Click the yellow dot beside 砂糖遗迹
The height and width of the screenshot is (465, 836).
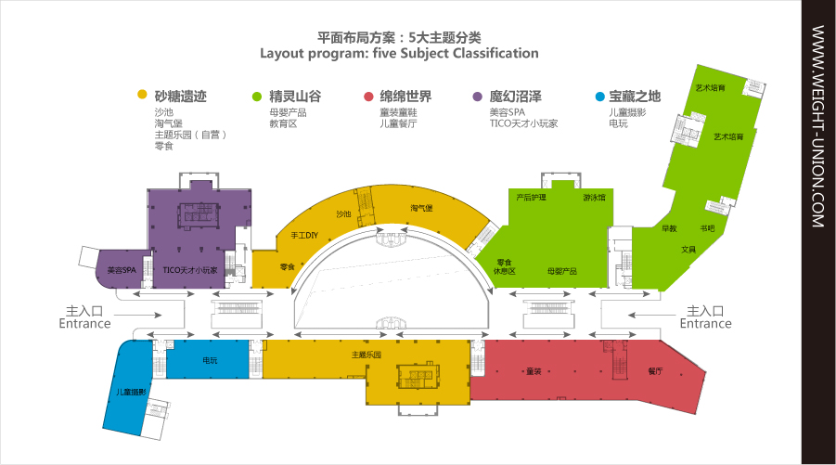click(142, 95)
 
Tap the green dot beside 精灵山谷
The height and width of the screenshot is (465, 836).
click(257, 95)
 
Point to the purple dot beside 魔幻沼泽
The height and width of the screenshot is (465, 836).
click(478, 95)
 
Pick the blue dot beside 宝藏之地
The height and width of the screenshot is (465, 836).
click(598, 95)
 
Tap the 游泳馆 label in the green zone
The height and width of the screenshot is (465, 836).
click(594, 198)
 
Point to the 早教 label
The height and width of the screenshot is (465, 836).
click(669, 228)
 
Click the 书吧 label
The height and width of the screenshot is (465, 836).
click(707, 228)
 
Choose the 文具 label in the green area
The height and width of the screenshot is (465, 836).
click(688, 249)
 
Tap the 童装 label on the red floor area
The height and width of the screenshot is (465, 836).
click(533, 371)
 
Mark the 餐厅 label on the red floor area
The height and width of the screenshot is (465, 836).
click(656, 371)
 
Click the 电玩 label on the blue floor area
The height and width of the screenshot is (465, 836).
click(210, 360)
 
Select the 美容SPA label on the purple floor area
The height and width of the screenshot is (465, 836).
click(122, 271)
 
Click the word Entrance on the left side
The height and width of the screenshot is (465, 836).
click(84, 324)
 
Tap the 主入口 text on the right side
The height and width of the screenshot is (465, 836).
click(705, 311)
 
